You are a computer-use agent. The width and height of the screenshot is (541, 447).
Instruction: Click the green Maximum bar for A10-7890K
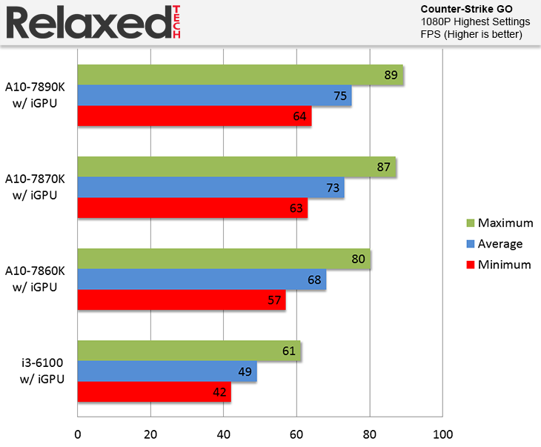(240, 75)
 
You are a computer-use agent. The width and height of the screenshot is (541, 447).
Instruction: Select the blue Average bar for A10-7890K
(214, 96)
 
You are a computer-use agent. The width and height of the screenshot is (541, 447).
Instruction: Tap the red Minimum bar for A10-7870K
(192, 208)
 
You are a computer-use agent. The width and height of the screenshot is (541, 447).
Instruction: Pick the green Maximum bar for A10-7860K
(224, 259)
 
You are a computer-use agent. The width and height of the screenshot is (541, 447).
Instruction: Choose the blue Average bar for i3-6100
(167, 372)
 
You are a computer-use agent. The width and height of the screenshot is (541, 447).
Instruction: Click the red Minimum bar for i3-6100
(154, 392)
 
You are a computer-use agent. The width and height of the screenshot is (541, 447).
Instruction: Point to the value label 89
(391, 75)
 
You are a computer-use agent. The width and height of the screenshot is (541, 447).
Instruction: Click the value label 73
(332, 188)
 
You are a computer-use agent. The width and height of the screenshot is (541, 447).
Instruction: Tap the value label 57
(273, 300)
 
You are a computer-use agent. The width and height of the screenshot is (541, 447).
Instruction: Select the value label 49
(245, 372)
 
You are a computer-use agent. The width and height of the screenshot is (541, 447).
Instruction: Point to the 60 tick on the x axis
(297, 434)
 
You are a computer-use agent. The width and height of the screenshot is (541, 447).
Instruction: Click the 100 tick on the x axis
(442, 434)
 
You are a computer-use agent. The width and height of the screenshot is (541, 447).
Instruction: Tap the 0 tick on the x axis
(78, 434)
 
